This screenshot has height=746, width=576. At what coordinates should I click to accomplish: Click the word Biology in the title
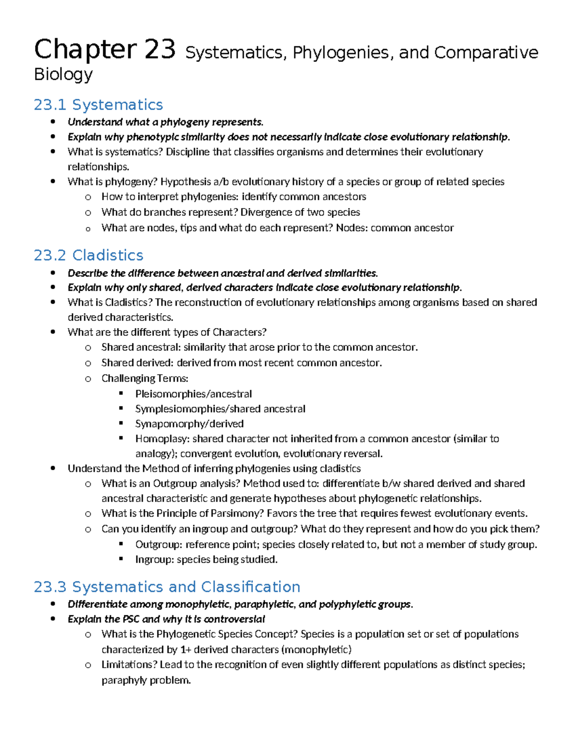tap(63, 74)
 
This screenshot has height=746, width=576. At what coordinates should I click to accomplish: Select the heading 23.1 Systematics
tap(98, 105)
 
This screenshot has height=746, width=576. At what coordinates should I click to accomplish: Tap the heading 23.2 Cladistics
tap(89, 255)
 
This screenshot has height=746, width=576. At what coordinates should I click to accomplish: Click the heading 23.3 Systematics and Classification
tap(167, 587)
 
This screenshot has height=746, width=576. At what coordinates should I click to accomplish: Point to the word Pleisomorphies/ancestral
tap(193, 394)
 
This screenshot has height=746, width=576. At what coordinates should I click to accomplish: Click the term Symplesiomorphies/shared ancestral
tap(220, 409)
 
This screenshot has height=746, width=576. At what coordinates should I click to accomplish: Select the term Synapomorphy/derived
tap(189, 424)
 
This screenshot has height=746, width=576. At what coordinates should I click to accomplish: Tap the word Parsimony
tap(239, 514)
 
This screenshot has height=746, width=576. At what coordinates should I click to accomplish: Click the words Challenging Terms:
tap(145, 379)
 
